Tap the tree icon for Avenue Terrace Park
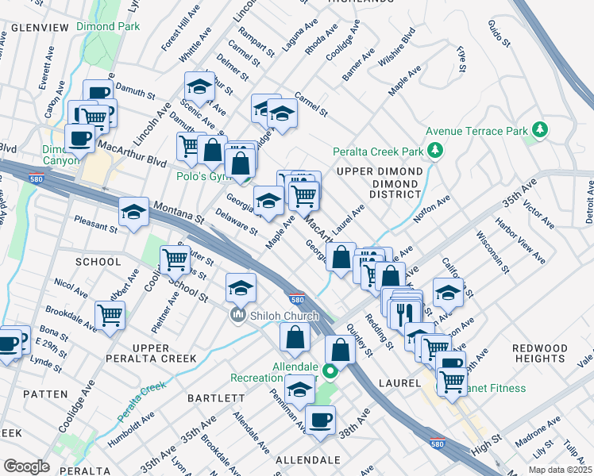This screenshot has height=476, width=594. [540, 129]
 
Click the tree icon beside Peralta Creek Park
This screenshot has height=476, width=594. [434, 150]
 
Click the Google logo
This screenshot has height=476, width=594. [25, 466]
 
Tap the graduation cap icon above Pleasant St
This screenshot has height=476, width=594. [133, 212]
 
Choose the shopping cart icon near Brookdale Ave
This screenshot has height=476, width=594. [110, 314]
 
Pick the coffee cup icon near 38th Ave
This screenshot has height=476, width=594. [320, 420]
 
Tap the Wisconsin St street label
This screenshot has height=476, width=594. [492, 251]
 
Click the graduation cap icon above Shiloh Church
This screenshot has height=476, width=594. [241, 287]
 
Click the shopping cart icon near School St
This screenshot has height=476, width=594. [175, 257]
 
